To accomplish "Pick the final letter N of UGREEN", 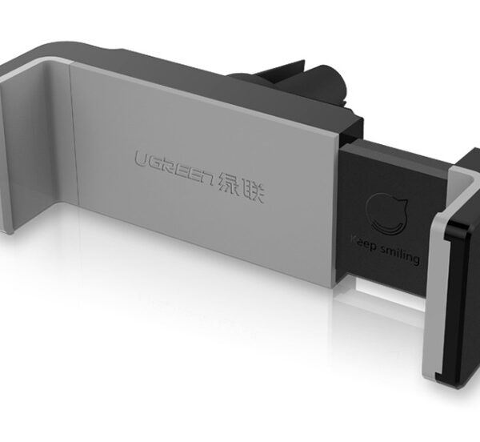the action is point(206,179).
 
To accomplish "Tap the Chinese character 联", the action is point(252,191).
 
